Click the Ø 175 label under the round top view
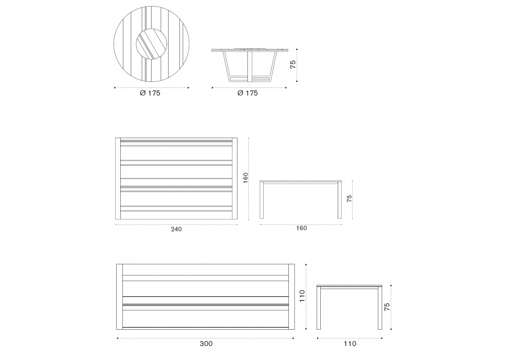click(150, 93)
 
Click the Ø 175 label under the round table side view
click(248, 93)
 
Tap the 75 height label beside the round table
click(293, 64)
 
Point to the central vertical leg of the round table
click(249, 66)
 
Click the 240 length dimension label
click(176, 229)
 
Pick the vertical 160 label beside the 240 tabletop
click(245, 178)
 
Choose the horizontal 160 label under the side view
click(301, 228)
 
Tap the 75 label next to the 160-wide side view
click(349, 199)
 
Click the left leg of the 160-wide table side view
click(262, 201)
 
